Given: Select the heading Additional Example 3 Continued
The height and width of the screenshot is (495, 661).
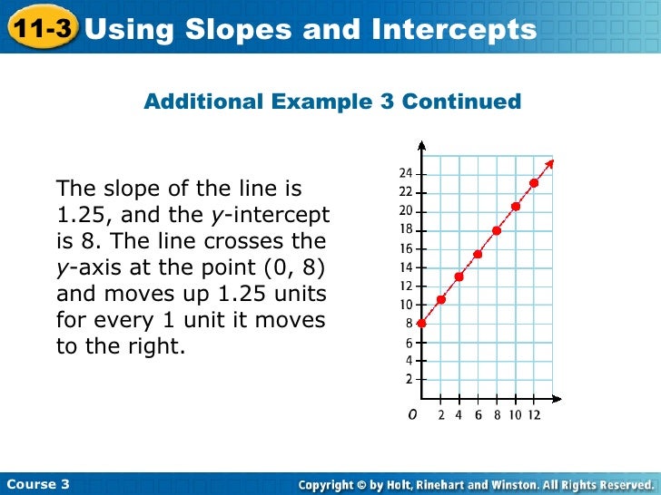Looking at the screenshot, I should tap(332, 102).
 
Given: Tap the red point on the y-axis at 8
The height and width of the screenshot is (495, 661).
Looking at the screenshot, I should tap(421, 323).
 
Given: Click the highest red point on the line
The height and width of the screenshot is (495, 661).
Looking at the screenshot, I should tap(534, 183).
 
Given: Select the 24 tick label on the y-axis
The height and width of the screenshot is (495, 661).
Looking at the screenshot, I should tap(406, 173).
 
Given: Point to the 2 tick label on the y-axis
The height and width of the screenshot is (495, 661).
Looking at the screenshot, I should tap(409, 379).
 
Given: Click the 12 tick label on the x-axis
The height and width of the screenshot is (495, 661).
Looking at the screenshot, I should tap(534, 415).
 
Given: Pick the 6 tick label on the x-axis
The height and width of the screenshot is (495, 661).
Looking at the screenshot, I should tap(478, 415).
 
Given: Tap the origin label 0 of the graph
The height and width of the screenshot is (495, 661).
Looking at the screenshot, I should tap(412, 414).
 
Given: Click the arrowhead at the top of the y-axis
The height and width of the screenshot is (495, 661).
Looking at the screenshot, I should tap(421, 145).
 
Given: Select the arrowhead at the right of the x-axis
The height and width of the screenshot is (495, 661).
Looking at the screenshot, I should tap(557, 398).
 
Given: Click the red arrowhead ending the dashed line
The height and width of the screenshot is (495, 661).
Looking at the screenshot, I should tap(550, 164).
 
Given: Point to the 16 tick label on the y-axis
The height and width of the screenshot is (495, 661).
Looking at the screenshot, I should tap(406, 248).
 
